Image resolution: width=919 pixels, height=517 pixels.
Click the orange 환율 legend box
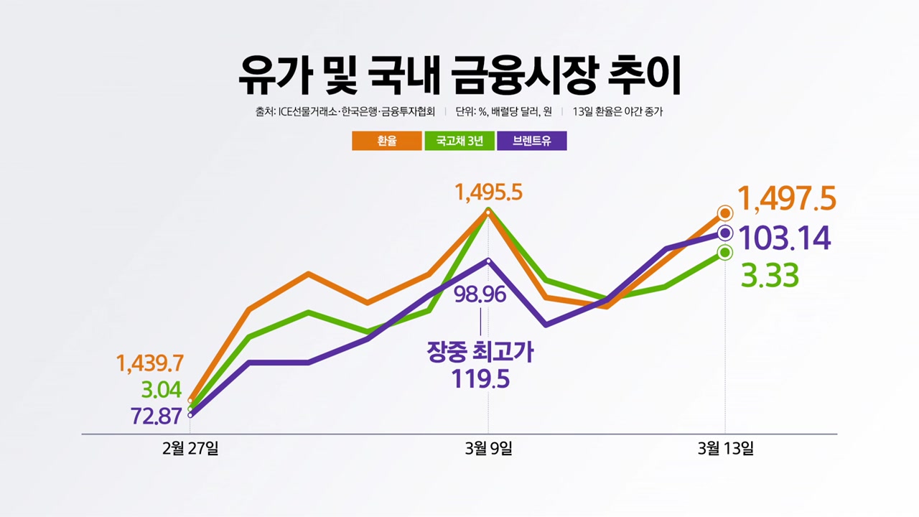[386, 141]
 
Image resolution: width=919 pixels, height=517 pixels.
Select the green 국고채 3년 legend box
[459, 141]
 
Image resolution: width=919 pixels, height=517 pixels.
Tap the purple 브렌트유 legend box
[531, 141]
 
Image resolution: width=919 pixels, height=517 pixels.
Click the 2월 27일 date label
[190, 450]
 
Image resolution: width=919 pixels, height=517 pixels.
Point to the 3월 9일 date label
[488, 450]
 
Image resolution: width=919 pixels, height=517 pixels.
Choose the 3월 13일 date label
[725, 450]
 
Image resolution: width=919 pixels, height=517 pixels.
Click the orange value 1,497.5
[787, 199]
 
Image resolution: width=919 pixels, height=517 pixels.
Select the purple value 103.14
[784, 238]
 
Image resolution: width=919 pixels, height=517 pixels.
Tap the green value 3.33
[769, 276]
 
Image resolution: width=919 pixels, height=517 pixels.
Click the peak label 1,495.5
[488, 192]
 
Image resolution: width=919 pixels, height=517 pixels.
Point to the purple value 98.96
[480, 294]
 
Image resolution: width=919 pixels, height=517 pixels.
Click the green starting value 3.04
[161, 391]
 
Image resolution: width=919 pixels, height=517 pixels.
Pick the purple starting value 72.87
[156, 416]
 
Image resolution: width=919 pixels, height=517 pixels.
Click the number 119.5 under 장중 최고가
[480, 378]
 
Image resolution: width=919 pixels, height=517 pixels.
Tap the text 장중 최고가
[480, 352]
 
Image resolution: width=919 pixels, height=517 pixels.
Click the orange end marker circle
[725, 213]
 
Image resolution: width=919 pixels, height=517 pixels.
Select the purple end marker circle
[725, 233]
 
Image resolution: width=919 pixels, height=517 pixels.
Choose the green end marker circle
[725, 252]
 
